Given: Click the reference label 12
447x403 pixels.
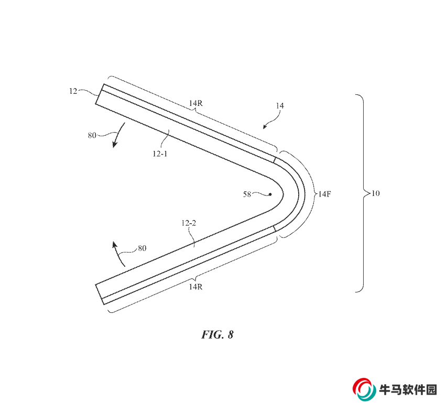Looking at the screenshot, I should coord(73,91).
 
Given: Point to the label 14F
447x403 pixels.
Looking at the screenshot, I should coord(323,193).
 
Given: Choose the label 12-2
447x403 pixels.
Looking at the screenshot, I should coord(188,224).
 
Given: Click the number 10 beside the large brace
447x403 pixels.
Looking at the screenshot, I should coord(375,193).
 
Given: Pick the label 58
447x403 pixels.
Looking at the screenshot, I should coord(247,194).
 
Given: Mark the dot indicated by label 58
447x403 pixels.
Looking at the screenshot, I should coord(270,194).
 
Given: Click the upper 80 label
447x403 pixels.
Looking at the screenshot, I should coord(92,135).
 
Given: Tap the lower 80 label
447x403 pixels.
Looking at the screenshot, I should coord(141,248).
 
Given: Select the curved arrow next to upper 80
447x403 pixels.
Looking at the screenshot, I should coord(118,135).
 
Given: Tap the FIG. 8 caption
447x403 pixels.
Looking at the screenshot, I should coord(217,335).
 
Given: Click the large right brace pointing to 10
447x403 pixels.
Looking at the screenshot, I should coord(360,193).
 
